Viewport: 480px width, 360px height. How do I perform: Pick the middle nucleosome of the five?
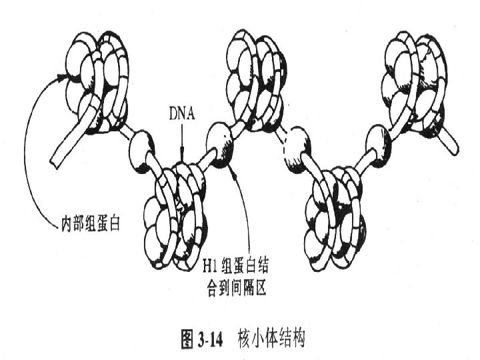(255, 80)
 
